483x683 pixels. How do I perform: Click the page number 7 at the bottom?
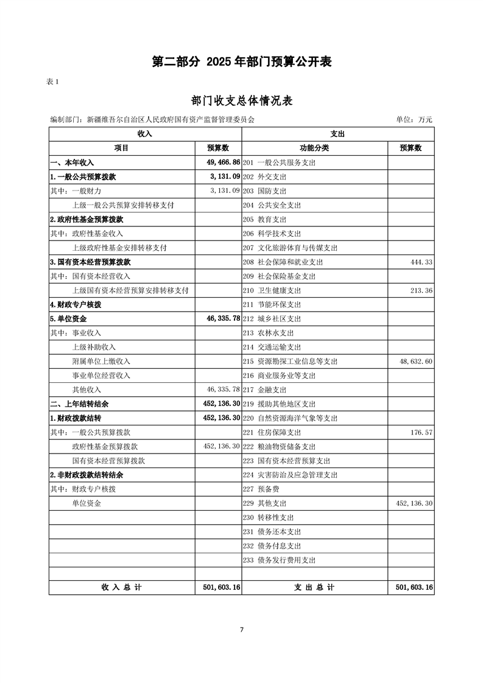click(x=242, y=629)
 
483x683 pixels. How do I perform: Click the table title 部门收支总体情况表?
click(x=241, y=101)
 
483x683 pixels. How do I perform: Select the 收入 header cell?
click(x=145, y=134)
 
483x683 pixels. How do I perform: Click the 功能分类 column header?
click(x=314, y=148)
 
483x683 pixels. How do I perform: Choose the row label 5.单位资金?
click(x=68, y=318)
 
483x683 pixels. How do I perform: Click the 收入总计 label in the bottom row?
click(x=121, y=587)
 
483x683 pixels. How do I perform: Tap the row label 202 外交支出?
click(x=264, y=177)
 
